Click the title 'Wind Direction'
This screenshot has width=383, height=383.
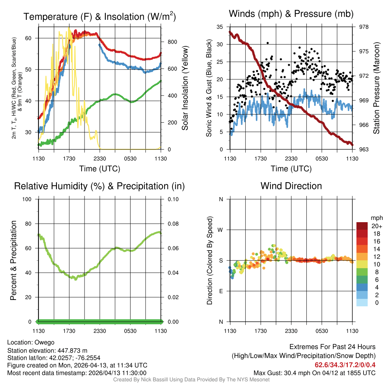click(291, 186)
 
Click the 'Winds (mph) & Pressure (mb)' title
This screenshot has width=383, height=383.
click(291, 14)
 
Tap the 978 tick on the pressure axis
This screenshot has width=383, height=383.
click(364, 27)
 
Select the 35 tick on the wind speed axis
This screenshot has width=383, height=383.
click(220, 27)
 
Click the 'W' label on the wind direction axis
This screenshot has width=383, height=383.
click(221, 230)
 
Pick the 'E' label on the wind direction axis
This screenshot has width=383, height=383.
click(221, 291)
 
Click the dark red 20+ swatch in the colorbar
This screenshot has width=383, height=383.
click(362, 226)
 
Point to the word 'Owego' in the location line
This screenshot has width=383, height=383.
click(45, 343)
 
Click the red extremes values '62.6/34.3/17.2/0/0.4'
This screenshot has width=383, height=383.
click(345, 365)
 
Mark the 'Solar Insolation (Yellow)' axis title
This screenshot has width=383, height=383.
click(185, 88)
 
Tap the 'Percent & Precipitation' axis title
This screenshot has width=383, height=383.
click(13, 260)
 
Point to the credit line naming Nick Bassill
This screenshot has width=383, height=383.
click(191, 380)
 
